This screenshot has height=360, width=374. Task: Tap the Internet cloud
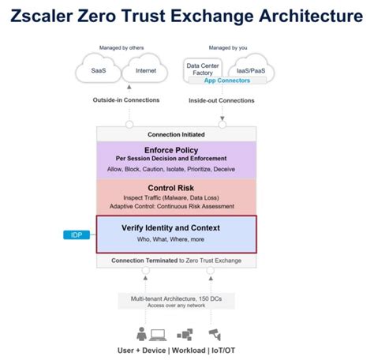145,71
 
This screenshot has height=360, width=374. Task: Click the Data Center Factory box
203,68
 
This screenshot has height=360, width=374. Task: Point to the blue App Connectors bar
227,81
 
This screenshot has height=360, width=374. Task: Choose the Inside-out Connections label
221,100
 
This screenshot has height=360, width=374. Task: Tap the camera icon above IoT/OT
214,333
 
